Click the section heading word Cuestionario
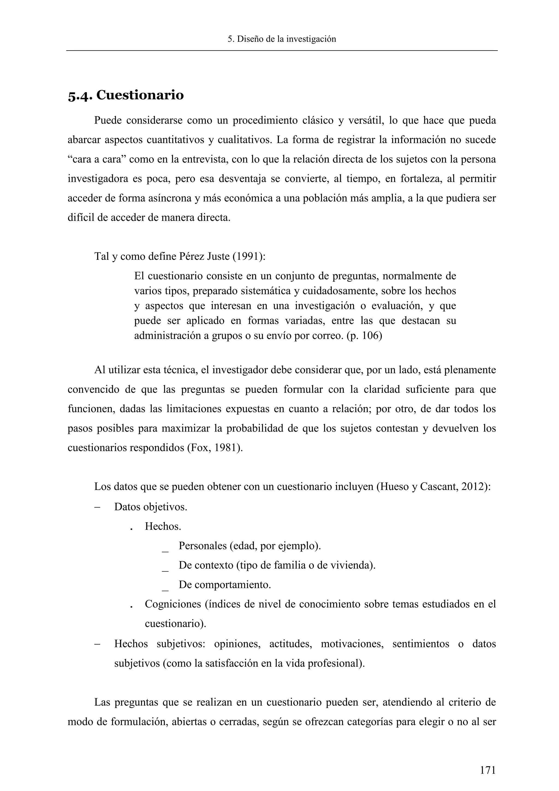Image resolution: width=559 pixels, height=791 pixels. tap(140, 95)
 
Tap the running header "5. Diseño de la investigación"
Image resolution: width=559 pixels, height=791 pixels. tap(282, 39)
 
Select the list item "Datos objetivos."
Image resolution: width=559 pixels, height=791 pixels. tap(150, 507)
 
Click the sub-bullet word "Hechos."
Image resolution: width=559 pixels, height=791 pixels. tap(163, 526)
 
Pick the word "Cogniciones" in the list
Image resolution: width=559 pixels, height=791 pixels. tap(173, 604)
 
